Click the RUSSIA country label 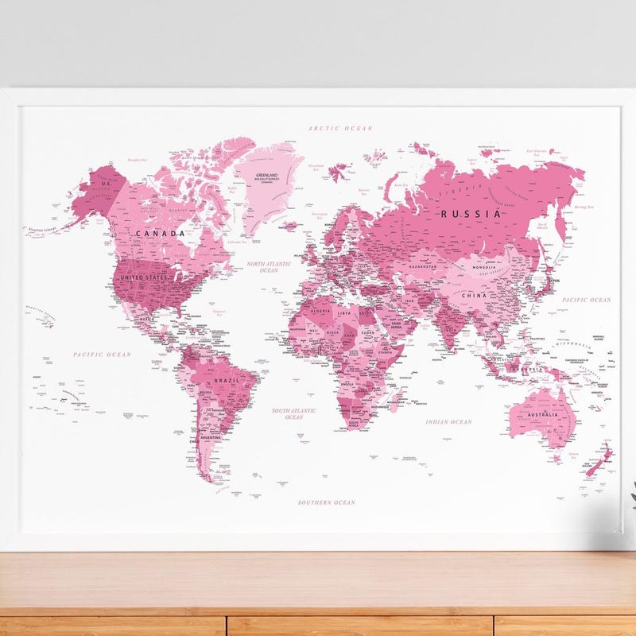[471, 213]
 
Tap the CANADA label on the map [160, 234]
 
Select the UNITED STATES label [144, 277]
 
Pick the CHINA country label [475, 296]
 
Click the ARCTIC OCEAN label [341, 127]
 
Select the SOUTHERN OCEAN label [327, 502]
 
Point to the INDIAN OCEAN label [448, 422]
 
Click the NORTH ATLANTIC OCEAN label [269, 267]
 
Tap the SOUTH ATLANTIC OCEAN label [294, 413]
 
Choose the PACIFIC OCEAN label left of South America [102, 354]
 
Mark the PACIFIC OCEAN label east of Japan [587, 300]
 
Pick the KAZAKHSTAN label [422, 267]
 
